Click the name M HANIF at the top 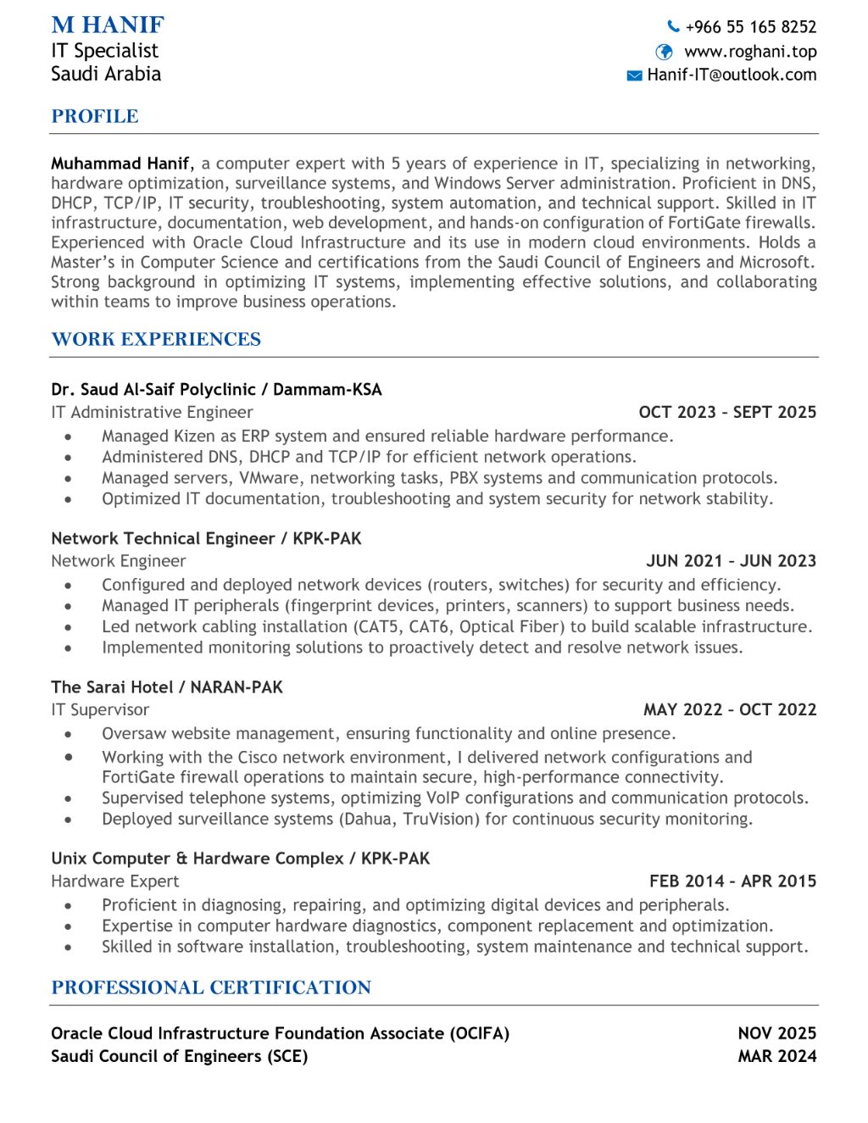pyautogui.click(x=108, y=25)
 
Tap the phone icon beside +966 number pyautogui.click(x=674, y=26)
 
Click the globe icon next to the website pyautogui.click(x=665, y=52)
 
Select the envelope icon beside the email pyautogui.click(x=634, y=75)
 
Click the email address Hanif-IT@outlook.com pyautogui.click(x=732, y=75)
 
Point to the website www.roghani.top pyautogui.click(x=750, y=52)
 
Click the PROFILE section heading pyautogui.click(x=95, y=116)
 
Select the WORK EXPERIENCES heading pyautogui.click(x=156, y=339)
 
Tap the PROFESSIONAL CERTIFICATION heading pyautogui.click(x=211, y=987)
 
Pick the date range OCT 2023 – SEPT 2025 pyautogui.click(x=727, y=413)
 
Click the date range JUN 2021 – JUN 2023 pyautogui.click(x=731, y=561)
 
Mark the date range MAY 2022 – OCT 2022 pyautogui.click(x=730, y=710)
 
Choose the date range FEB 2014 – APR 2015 pyautogui.click(x=732, y=881)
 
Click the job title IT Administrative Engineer pyautogui.click(x=152, y=413)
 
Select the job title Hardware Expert pyautogui.click(x=115, y=881)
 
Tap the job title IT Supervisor pyautogui.click(x=100, y=710)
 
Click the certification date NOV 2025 pyautogui.click(x=776, y=1033)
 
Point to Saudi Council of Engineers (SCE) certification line pyautogui.click(x=179, y=1056)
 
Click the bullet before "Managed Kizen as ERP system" pyautogui.click(x=68, y=436)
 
